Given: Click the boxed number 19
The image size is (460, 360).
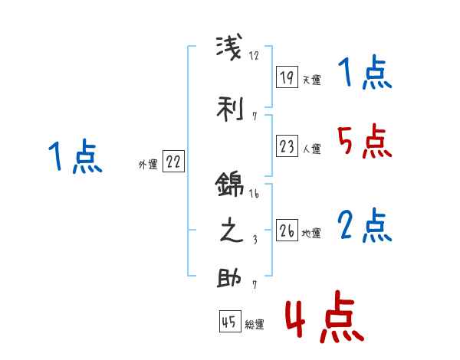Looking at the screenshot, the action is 287,77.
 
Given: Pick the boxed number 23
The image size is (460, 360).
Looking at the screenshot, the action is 287,146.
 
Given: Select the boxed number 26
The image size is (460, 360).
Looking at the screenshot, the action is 287,230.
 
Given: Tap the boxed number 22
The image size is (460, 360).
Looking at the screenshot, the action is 174,161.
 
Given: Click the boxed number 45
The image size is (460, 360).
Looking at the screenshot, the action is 228,322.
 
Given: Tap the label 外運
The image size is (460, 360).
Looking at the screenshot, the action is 148,164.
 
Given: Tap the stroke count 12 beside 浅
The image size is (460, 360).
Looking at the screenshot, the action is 255,55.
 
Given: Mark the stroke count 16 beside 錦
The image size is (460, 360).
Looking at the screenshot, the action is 255,196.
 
